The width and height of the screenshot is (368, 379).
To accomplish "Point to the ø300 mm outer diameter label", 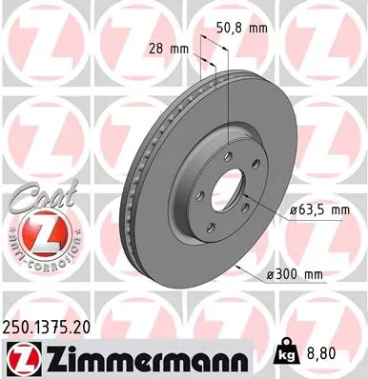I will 297,275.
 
